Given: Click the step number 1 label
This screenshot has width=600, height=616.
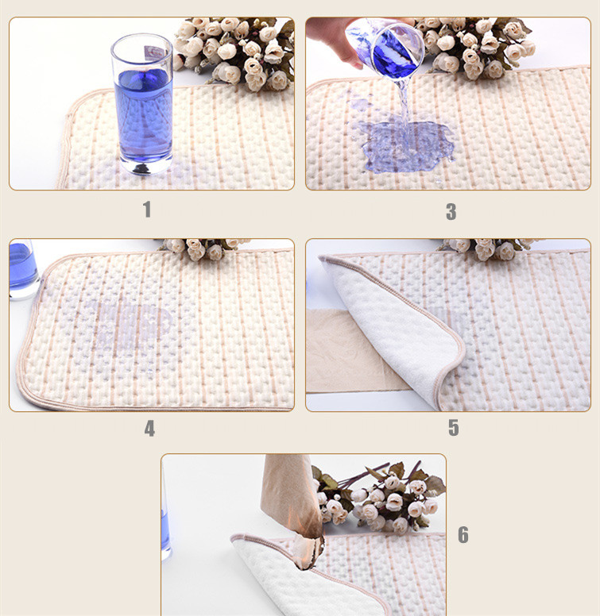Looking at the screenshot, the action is pyautogui.click(x=147, y=210).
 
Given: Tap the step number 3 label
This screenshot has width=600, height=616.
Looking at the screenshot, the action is pyautogui.click(x=451, y=212).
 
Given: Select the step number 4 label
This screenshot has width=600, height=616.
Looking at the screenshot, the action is pyautogui.click(x=149, y=429).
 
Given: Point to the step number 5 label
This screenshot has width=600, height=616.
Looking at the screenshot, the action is pyautogui.click(x=453, y=428).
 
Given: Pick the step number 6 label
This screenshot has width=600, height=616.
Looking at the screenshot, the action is pyautogui.click(x=463, y=535).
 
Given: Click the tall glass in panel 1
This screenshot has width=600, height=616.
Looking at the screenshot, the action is pyautogui.click(x=142, y=104).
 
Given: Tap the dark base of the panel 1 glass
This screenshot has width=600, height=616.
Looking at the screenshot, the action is pyautogui.click(x=142, y=168).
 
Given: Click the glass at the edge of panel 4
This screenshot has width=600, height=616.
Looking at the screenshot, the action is pyautogui.click(x=23, y=270).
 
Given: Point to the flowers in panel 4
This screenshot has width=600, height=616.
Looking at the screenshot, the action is pyautogui.click(x=203, y=248).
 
